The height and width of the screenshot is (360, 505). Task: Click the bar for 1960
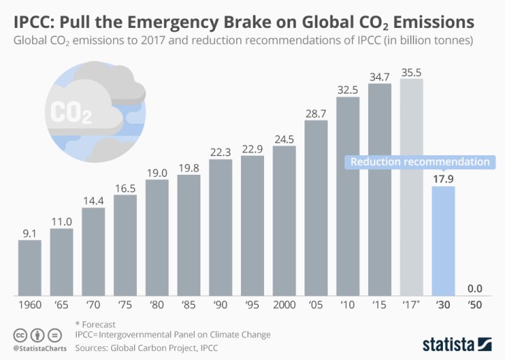pos(29,268)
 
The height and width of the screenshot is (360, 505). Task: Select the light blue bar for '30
pos(444,240)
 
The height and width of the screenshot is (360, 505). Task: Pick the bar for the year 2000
pos(284,220)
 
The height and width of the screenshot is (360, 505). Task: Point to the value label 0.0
pos(475,287)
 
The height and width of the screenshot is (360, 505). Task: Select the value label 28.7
pos(316,113)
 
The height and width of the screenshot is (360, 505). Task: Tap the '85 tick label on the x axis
pos(189,305)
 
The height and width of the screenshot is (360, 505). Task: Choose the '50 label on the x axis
pos(475,305)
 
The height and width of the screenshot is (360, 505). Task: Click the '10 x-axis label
pos(348,305)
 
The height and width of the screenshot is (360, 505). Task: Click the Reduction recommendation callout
pos(420,162)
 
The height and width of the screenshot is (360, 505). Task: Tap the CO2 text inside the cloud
pos(72,112)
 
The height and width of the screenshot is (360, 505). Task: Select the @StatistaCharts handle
pos(35,347)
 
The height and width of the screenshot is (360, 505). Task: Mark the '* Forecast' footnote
pos(98,324)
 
